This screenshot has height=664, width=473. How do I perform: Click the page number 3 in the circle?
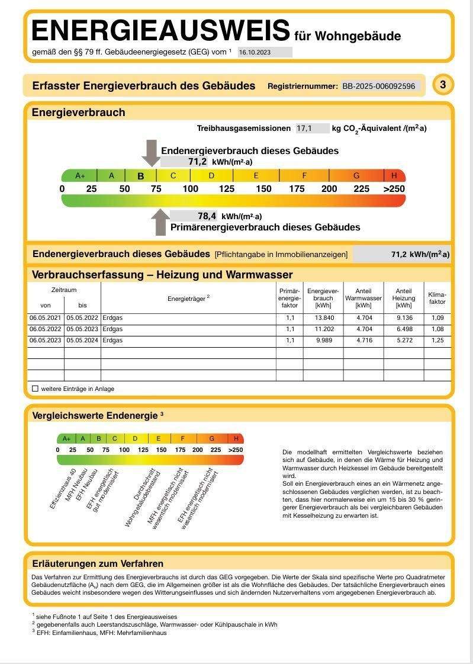click(443, 85)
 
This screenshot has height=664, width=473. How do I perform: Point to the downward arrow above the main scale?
click(151, 153)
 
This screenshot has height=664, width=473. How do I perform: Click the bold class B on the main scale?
click(141, 176)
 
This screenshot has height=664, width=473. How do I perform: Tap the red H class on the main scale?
click(394, 176)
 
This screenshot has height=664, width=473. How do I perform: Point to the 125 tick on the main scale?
click(227, 189)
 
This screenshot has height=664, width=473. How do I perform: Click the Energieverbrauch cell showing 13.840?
click(323, 318)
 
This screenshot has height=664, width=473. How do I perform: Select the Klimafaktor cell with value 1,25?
click(437, 341)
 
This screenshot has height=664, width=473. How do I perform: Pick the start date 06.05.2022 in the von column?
click(46, 329)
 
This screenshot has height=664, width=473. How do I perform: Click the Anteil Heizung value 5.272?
click(403, 341)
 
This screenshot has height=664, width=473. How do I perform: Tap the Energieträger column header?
click(188, 299)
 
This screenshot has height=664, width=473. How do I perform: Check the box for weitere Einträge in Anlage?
click(35, 389)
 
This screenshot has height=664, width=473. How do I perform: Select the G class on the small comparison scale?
click(211, 439)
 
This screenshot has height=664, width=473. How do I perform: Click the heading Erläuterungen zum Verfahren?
click(97, 563)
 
